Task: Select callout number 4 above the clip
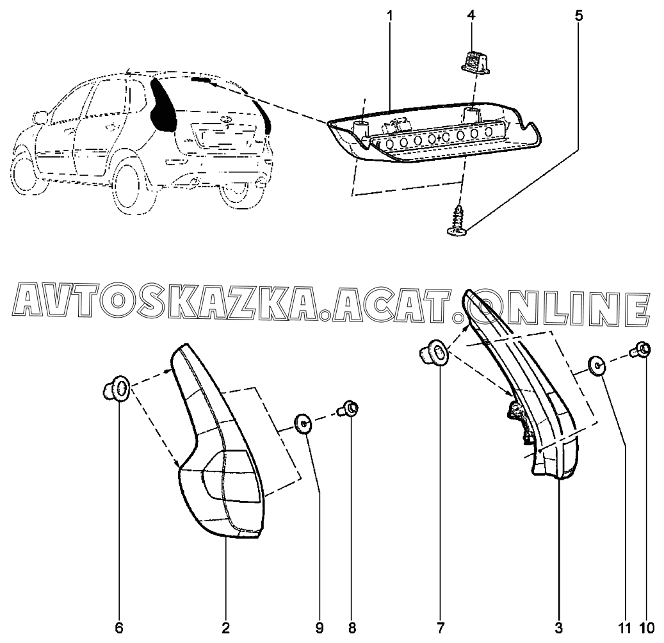[472, 15]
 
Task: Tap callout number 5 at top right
[579, 15]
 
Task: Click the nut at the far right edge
[642, 350]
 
